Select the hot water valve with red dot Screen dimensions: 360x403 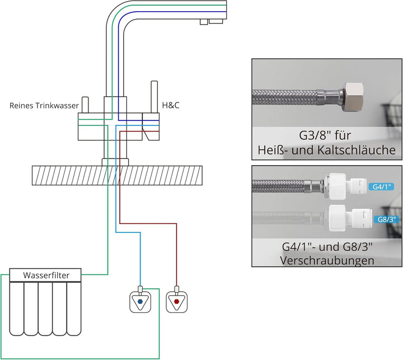click(x=176, y=301)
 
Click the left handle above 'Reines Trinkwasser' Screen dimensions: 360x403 click(x=85, y=105)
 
